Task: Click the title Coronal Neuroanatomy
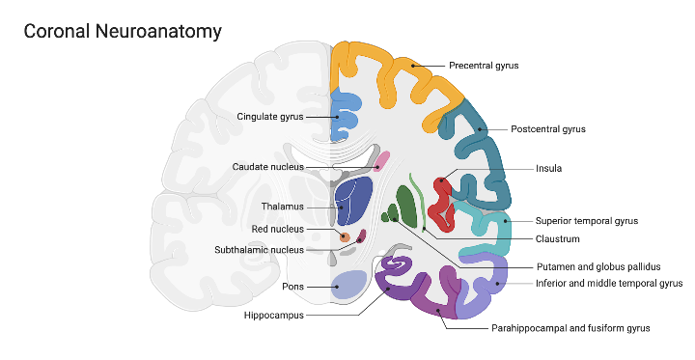(x=123, y=32)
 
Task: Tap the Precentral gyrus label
(x=484, y=66)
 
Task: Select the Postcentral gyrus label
(x=548, y=128)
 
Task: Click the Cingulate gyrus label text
(x=270, y=117)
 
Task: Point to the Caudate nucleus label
(x=267, y=167)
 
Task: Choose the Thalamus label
(x=282, y=207)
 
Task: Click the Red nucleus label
(x=277, y=230)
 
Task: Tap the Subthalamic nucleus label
(x=259, y=250)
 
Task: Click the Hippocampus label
(x=275, y=315)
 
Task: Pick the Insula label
(x=548, y=168)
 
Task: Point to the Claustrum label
(x=558, y=238)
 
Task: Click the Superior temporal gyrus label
(x=587, y=221)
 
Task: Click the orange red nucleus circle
(x=343, y=235)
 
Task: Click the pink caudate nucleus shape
(x=382, y=160)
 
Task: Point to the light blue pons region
(x=348, y=284)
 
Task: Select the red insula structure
(x=442, y=197)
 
